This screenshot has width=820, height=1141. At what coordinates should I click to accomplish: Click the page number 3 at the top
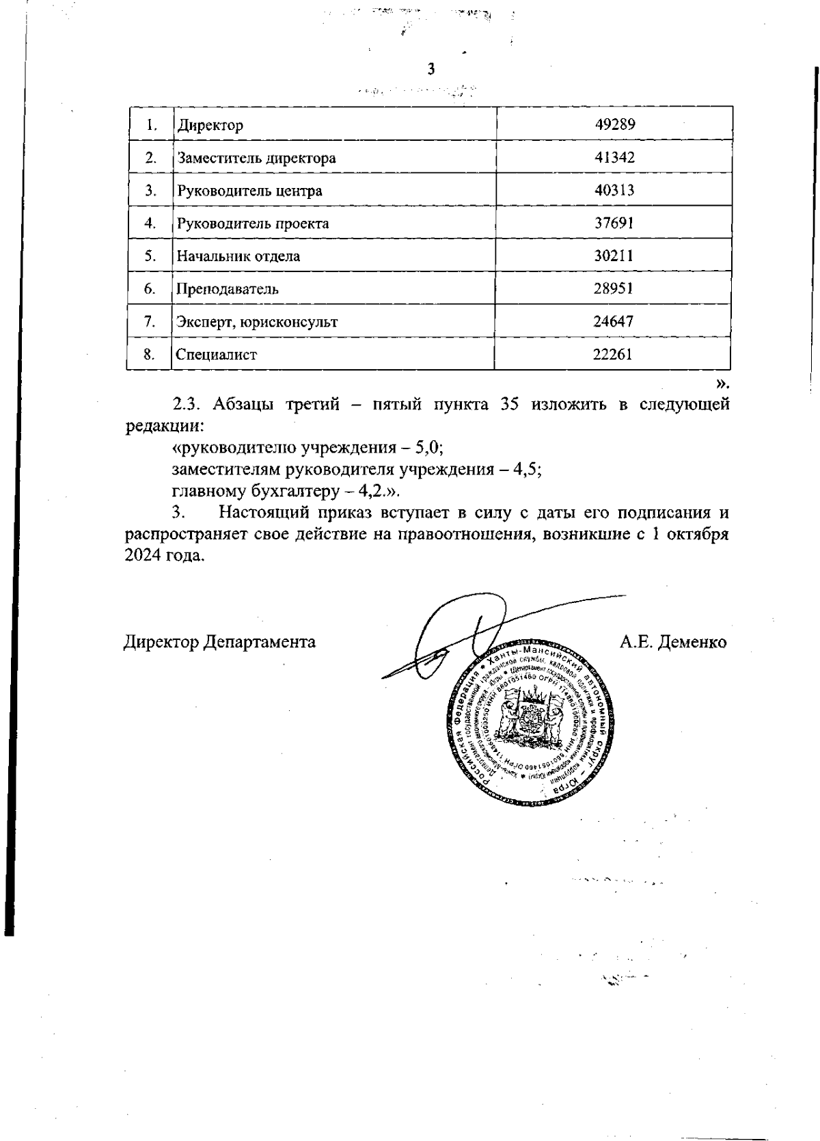point(430,69)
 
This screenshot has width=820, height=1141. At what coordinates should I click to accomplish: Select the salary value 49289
point(614,125)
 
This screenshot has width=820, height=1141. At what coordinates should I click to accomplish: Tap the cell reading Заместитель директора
point(256,159)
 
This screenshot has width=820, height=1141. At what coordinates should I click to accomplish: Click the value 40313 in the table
point(614,191)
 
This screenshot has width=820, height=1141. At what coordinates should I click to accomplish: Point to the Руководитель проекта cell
point(253,224)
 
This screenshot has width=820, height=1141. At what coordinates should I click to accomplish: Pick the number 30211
point(614,256)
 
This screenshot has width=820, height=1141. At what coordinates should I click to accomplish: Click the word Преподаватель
point(228,288)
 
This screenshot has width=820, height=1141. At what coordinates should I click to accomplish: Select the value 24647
point(614,321)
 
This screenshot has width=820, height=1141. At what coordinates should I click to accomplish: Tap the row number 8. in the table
point(149,354)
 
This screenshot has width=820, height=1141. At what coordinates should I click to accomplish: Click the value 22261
point(614,354)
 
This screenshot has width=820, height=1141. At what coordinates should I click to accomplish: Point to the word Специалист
point(217,355)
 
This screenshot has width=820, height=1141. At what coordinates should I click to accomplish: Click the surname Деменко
point(692,643)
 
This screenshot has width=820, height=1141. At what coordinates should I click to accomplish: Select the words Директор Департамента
point(220,643)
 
